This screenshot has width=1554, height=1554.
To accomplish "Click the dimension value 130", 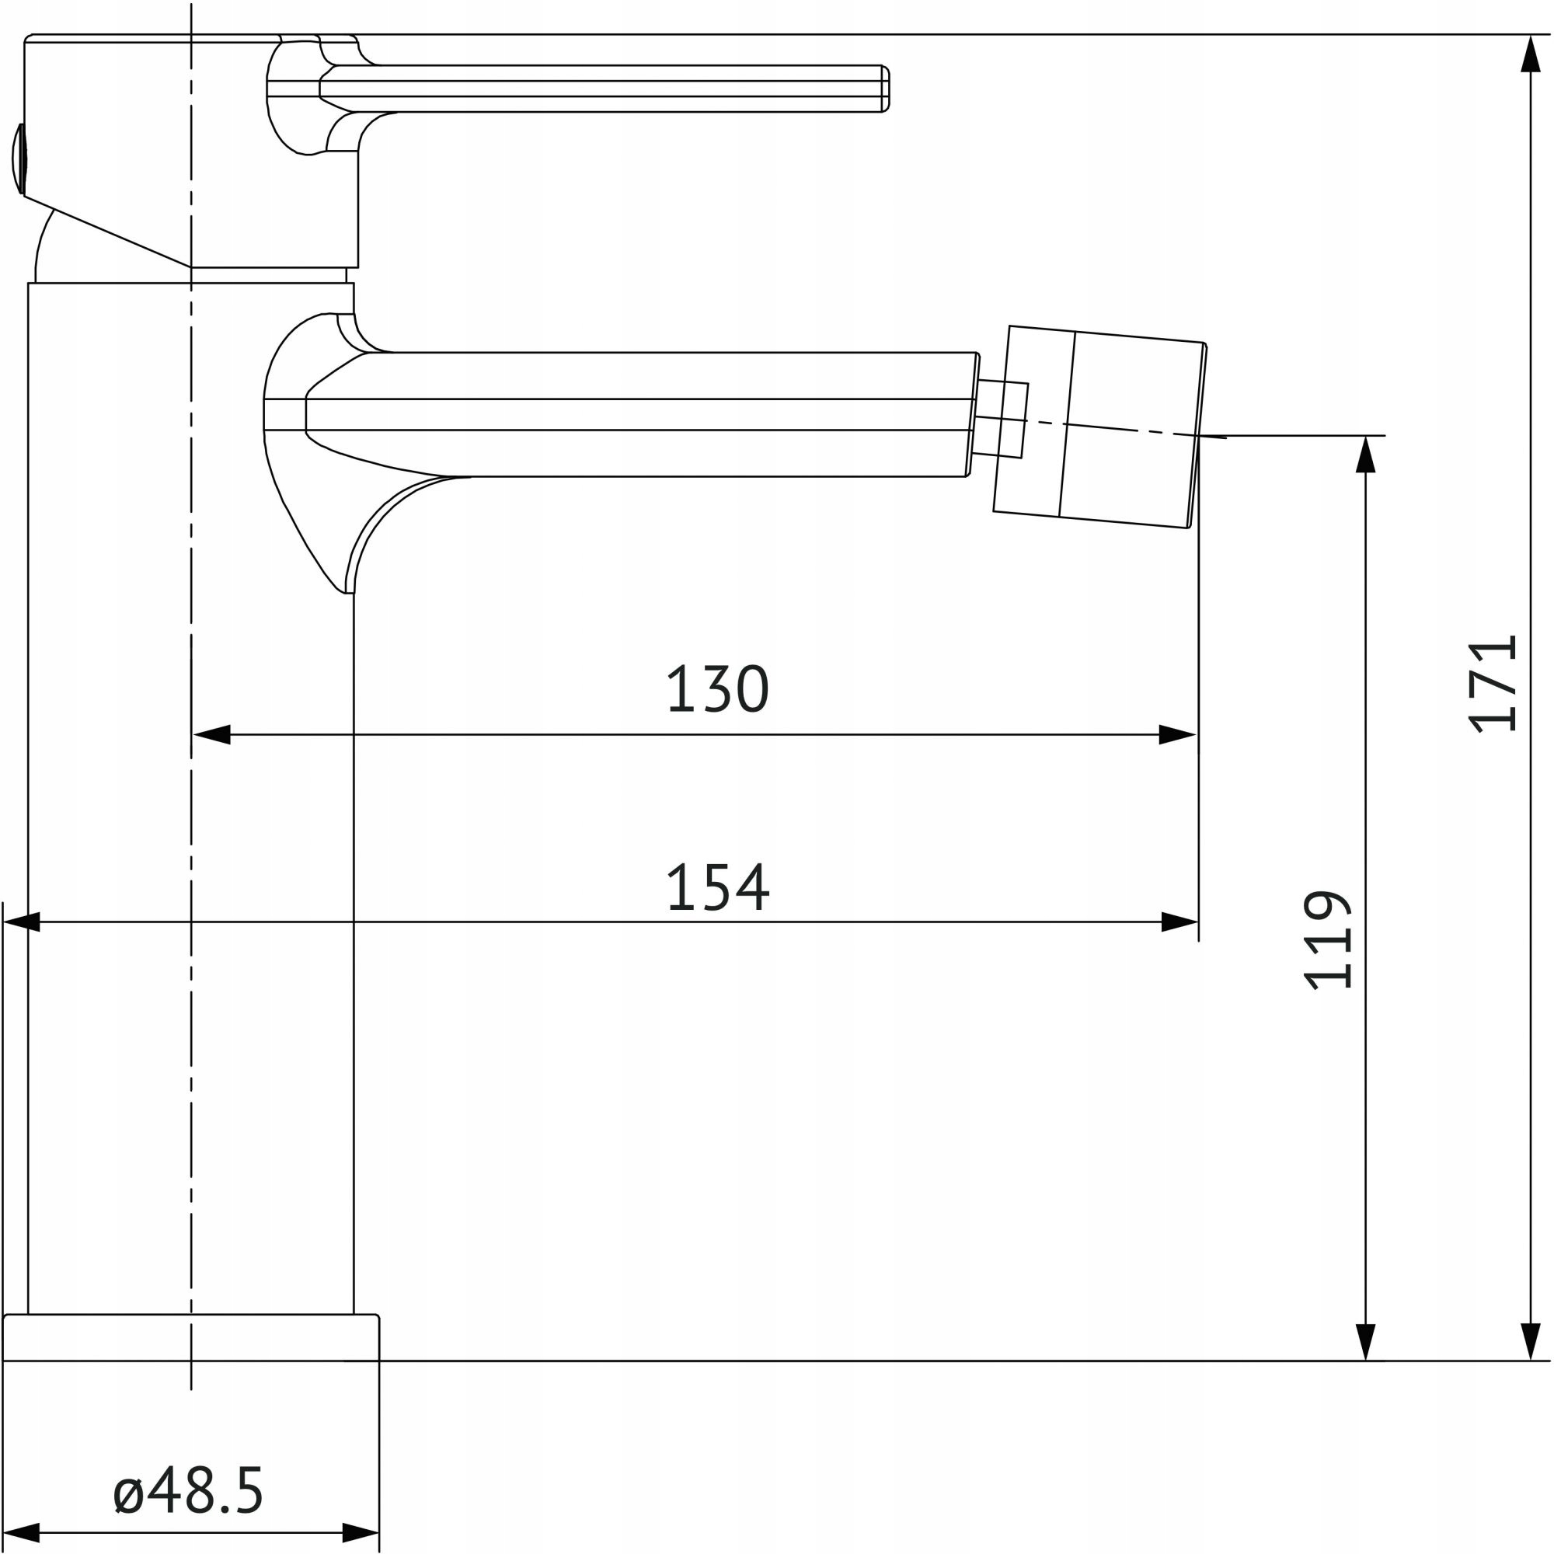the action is click(717, 688).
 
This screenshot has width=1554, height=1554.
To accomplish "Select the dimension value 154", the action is click(717, 888).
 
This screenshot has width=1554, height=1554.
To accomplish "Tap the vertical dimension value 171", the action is click(1492, 685).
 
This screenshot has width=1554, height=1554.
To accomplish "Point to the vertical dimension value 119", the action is click(1327, 939).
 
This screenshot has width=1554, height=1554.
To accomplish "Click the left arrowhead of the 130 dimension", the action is click(211, 734).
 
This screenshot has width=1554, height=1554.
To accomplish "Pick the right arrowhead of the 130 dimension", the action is click(1178, 734).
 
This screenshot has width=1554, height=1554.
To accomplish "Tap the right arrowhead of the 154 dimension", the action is click(1180, 922).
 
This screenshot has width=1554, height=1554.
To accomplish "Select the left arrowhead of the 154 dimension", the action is click(22, 922).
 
